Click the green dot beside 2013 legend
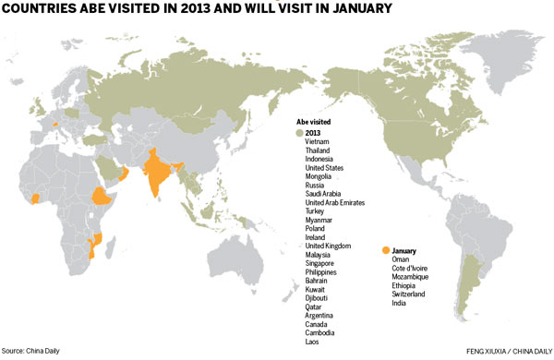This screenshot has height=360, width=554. pyautogui.click(x=299, y=132)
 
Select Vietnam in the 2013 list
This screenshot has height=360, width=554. pyautogui.click(x=318, y=141)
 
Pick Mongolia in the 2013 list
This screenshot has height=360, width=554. pyautogui.click(x=320, y=175)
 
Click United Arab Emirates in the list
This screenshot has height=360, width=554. pyautogui.click(x=335, y=202)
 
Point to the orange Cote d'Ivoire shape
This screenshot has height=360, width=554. pyautogui.click(x=36, y=198)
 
